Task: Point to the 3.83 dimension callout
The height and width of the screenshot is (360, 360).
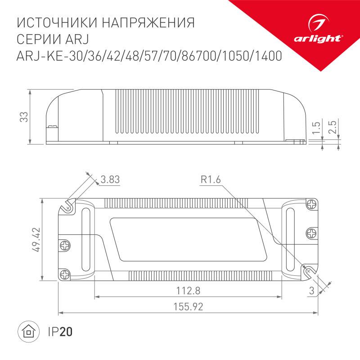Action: click(x=110, y=180)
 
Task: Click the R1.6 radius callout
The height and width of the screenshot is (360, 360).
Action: click(x=211, y=180)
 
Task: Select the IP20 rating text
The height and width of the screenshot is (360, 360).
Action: click(x=60, y=332)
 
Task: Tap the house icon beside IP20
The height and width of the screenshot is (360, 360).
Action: click(x=28, y=332)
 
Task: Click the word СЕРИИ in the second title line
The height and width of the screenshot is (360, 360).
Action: click(x=38, y=39)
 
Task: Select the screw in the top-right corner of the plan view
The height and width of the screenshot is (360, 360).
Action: click(x=311, y=205)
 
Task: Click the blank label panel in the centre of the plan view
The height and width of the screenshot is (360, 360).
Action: click(x=184, y=238)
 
